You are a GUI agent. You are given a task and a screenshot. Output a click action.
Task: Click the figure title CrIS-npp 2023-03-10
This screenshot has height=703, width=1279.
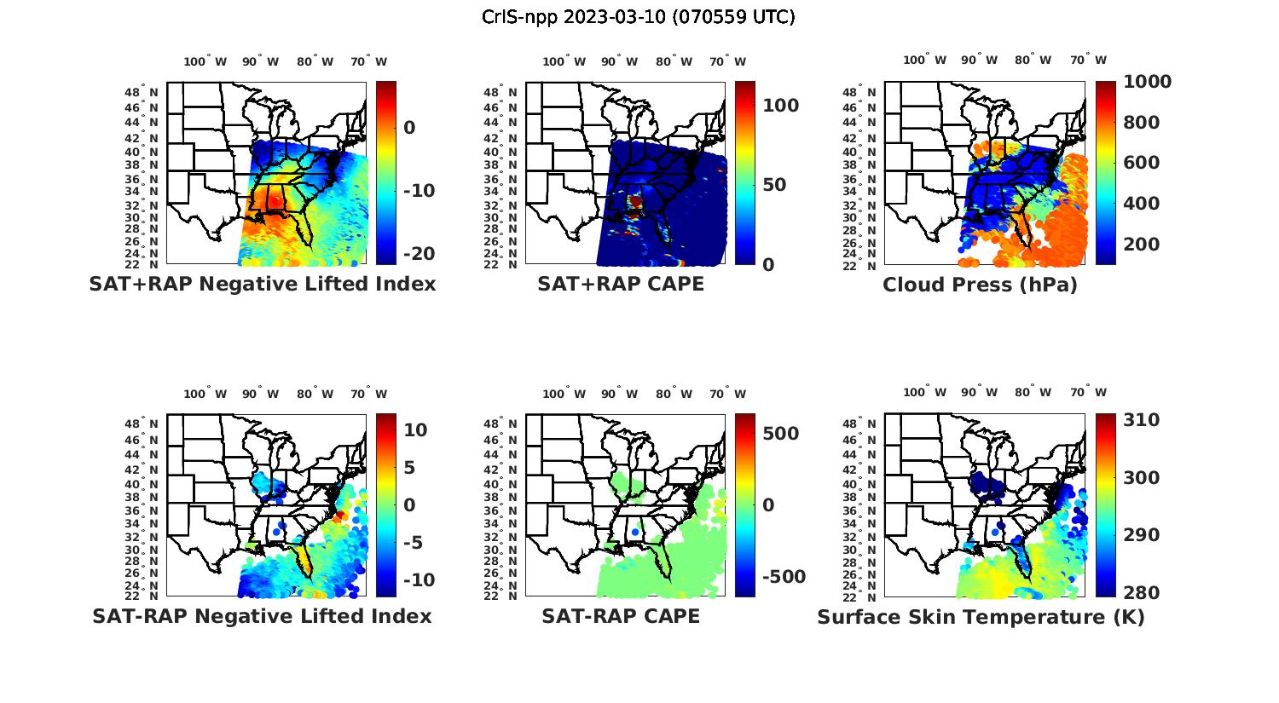(x=638, y=16)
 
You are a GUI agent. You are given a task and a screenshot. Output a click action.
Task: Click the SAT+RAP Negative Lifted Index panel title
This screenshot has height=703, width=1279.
(x=262, y=284)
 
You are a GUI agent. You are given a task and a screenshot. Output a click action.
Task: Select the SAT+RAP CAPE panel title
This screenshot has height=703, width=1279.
(x=621, y=284)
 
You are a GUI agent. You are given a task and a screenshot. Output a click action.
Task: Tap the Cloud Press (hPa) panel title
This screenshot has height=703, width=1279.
(x=980, y=285)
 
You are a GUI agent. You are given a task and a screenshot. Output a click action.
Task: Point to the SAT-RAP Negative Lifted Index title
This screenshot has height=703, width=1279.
(x=262, y=616)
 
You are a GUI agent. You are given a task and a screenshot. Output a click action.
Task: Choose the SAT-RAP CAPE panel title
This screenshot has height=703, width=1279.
(x=621, y=616)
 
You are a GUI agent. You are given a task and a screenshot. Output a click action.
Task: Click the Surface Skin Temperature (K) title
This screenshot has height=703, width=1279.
(x=980, y=617)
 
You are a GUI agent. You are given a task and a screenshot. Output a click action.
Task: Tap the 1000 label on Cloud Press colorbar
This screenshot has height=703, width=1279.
(x=1147, y=82)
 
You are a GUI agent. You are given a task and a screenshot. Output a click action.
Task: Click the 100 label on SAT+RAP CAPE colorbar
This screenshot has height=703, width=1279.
(x=781, y=106)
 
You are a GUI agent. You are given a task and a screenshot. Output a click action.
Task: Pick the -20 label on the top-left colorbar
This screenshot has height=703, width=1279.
(x=418, y=254)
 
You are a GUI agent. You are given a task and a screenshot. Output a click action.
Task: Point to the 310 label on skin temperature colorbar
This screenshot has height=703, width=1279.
(x=1141, y=420)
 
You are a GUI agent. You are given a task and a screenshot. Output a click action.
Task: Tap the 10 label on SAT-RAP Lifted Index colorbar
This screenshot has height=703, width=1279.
(x=415, y=429)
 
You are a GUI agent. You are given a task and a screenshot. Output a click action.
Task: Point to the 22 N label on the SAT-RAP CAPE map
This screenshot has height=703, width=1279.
(x=501, y=596)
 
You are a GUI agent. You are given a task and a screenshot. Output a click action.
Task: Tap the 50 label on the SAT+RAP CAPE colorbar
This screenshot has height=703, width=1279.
(x=775, y=185)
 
